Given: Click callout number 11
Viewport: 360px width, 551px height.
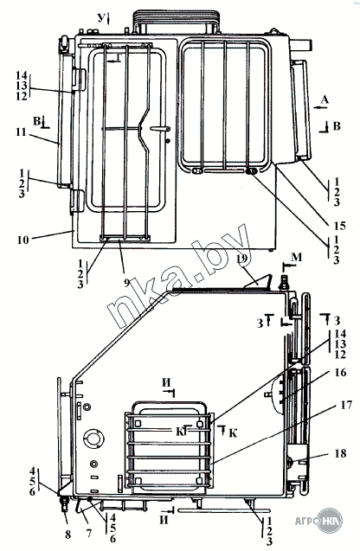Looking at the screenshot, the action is (x=21, y=131).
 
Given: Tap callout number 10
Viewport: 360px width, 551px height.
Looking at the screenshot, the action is (x=22, y=240).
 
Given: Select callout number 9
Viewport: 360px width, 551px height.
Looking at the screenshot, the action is (x=126, y=283).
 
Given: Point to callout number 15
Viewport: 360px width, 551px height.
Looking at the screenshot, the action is (x=339, y=226).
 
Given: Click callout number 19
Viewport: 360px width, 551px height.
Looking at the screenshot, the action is (x=242, y=259).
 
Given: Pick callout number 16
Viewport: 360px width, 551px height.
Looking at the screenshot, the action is (x=340, y=372).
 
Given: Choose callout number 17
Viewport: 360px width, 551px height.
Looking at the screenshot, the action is (x=346, y=405).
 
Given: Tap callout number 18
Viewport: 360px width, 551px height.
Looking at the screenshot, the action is (x=340, y=453).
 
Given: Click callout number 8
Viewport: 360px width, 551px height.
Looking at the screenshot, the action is (x=67, y=535).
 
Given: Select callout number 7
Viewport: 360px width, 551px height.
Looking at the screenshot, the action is (x=88, y=533).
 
